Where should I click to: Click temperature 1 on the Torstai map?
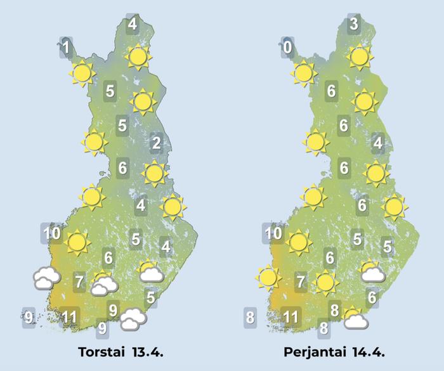coord(65,46)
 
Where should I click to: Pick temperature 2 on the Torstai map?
coord(156,143)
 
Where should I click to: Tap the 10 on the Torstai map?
coord(53,233)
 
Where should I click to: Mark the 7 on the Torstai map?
coord(79,280)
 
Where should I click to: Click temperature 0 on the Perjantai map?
coord(288,47)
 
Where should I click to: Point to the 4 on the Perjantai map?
coord(378,143)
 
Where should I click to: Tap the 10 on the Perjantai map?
coord(273,233)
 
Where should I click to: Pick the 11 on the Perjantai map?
coord(291,316)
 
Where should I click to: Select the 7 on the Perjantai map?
coord(301,280)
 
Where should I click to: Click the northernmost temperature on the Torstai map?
coord(132,25)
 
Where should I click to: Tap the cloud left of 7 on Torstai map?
coord(47,278)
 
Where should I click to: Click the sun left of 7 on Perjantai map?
coord(268,277)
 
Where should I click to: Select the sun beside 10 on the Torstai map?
coord(77,242)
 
